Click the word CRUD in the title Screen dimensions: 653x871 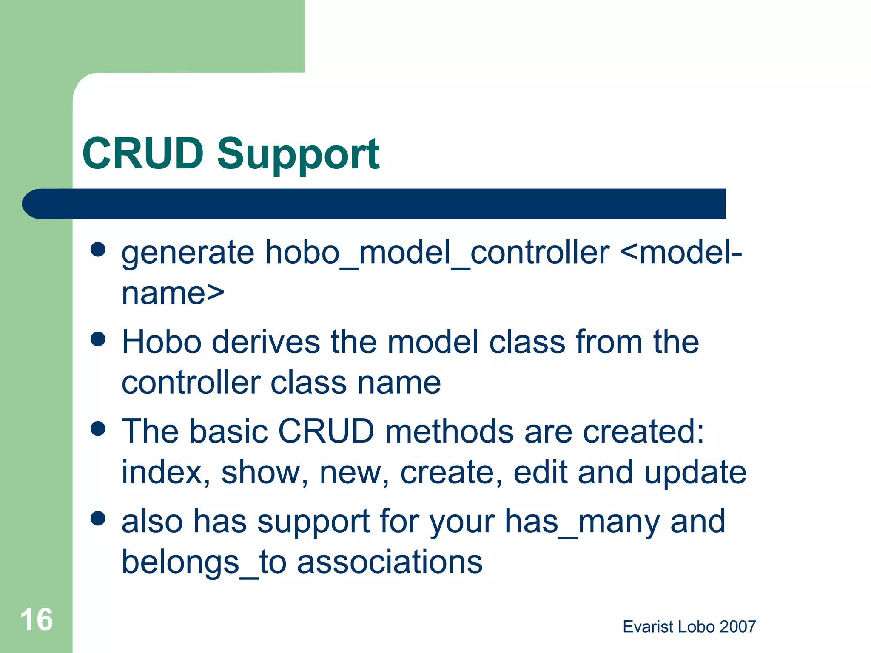(143, 153)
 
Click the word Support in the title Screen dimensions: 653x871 (298, 155)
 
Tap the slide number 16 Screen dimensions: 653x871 (37, 619)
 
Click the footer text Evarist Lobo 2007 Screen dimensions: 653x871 (689, 627)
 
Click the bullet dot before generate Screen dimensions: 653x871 (98, 250)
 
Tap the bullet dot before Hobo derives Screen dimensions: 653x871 (98, 339)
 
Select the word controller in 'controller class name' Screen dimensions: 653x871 (191, 383)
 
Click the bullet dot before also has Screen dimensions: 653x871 (98, 518)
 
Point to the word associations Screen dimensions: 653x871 (389, 562)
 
